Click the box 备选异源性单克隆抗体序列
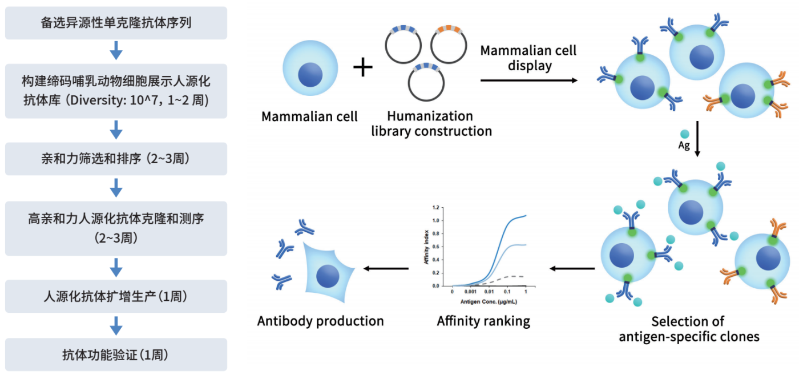pyautogui.click(x=116, y=23)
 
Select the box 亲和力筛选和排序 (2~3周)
pyautogui.click(x=116, y=159)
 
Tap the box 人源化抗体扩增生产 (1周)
pyautogui.click(x=116, y=296)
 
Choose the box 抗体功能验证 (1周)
pyautogui.click(x=116, y=354)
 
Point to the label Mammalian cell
pyautogui.click(x=309, y=116)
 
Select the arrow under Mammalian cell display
pyautogui.click(x=528, y=80)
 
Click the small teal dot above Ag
pyautogui.click(x=684, y=133)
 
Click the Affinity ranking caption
pyautogui.click(x=483, y=321)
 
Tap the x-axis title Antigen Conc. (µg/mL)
pyautogui.click(x=485, y=301)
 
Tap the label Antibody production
pyautogui.click(x=320, y=321)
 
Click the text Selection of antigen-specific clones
pyautogui.click(x=689, y=329)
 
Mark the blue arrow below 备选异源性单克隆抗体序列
pyautogui.click(x=116, y=50)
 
